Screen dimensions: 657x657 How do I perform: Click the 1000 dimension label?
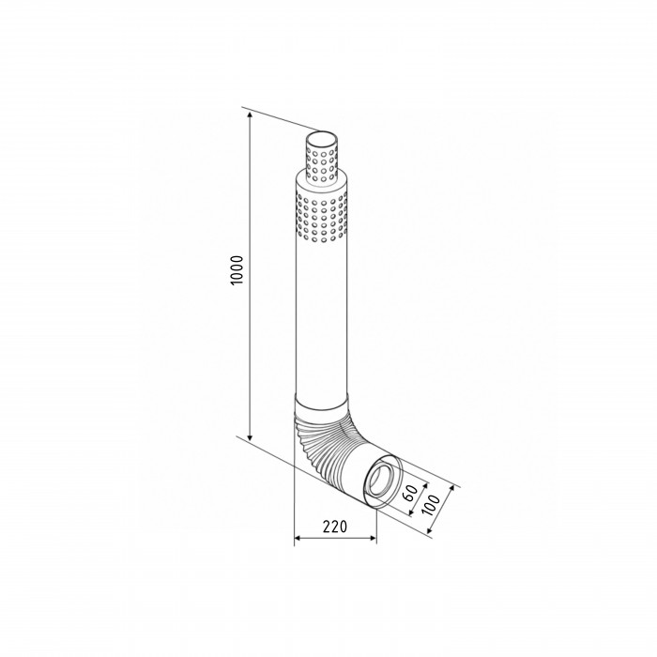237,270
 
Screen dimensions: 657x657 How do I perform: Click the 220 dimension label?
335,526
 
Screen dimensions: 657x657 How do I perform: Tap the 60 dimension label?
410,493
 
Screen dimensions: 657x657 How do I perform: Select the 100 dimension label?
431,505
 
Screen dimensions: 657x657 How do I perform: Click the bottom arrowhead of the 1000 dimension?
251,437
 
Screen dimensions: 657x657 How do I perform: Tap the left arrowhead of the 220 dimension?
298,538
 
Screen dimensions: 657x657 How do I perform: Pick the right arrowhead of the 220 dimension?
372,538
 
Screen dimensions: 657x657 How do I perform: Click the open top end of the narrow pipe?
322,139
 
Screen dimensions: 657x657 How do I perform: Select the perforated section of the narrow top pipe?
322,164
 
